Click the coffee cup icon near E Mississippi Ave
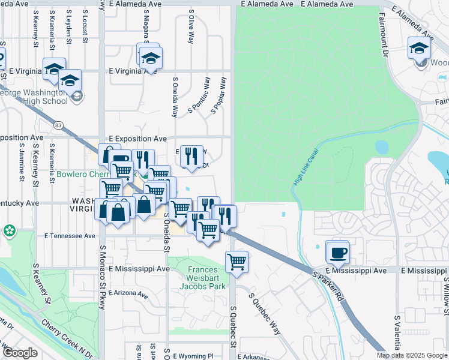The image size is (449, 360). coord(337,251)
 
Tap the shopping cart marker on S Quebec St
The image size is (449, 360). coord(237,262)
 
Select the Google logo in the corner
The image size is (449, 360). coord(19,353)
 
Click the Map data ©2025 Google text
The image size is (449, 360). coord(412,355)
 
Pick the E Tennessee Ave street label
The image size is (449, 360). coord(70,236)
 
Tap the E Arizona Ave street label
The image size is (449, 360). coord(128,293)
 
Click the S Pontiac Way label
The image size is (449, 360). coord(199,94)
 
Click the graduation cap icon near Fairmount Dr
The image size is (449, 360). coord(419,48)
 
